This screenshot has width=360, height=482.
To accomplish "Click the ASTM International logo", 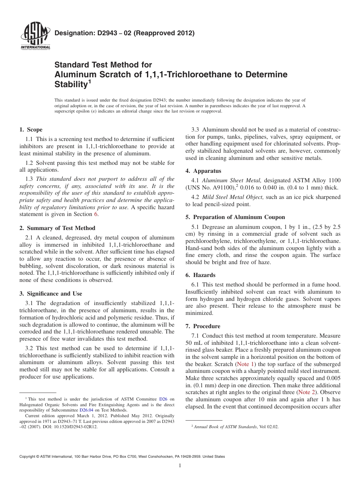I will (35, 36).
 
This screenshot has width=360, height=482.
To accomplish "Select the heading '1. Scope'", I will (31, 130).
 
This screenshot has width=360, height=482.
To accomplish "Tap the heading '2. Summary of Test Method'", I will (57, 228).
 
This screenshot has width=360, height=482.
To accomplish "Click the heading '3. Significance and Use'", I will (51, 293).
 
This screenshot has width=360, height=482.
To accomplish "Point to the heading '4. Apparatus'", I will (203, 171).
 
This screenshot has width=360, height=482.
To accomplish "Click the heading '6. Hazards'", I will (200, 275).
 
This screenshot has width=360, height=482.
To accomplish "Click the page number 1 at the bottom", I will (180, 466).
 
